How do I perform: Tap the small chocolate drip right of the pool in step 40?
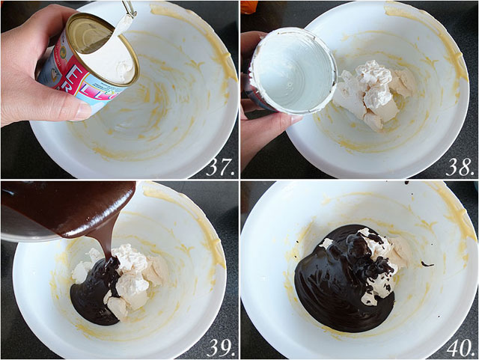[427, 263]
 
